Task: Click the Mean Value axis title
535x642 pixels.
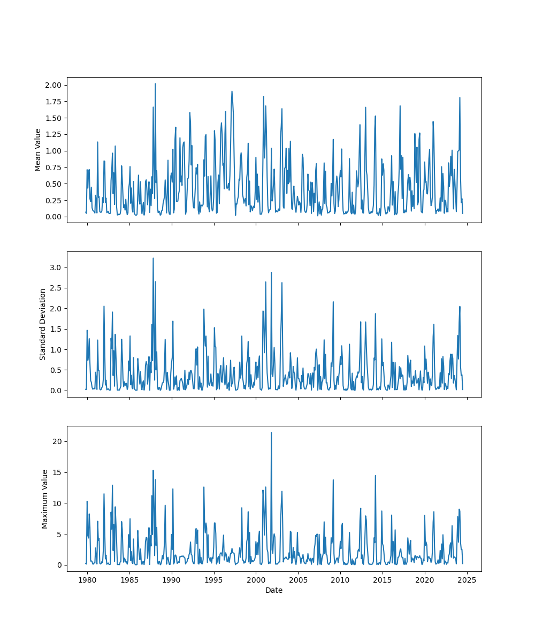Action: (38, 150)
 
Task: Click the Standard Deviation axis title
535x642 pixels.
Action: (43, 324)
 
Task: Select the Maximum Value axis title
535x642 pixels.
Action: (45, 499)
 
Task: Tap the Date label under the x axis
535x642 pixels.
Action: (274, 590)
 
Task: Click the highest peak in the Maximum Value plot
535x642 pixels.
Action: (271, 433)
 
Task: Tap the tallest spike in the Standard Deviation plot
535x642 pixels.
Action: (153, 258)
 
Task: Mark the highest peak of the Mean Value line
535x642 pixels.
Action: (155, 83)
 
